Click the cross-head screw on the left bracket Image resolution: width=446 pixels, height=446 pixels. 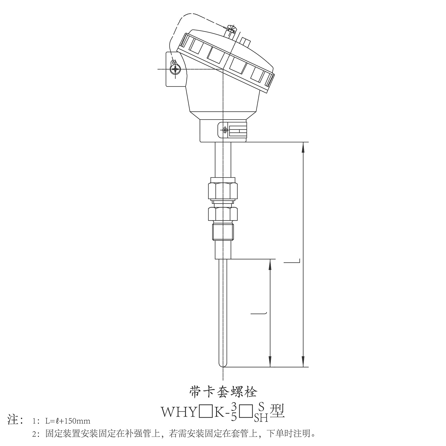(175, 69)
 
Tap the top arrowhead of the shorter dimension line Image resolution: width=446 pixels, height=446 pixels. (270, 265)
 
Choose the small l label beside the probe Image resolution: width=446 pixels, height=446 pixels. (259, 312)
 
